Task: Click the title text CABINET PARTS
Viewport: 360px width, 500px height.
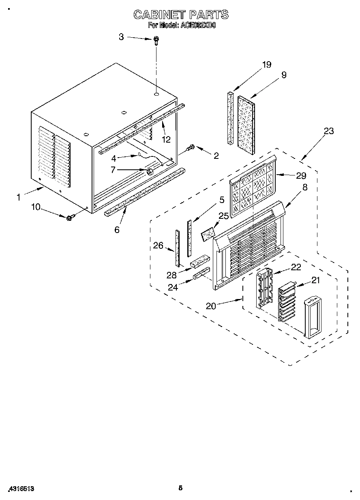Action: pyautogui.click(x=181, y=15)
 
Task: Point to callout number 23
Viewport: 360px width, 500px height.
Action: pyautogui.click(x=329, y=131)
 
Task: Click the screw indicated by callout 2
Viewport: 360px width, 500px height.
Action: pyautogui.click(x=191, y=148)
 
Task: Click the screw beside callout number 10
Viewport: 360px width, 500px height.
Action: pyautogui.click(x=69, y=218)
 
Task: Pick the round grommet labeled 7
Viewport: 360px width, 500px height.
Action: pyautogui.click(x=149, y=172)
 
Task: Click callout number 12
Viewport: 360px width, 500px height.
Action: pyautogui.click(x=166, y=139)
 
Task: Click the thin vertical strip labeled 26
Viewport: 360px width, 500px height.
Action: pyautogui.click(x=177, y=246)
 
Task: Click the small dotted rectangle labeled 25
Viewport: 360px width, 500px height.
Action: pyautogui.click(x=208, y=234)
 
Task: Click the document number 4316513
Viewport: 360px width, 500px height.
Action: pyautogui.click(x=20, y=489)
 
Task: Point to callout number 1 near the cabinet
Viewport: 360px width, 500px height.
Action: pyautogui.click(x=19, y=198)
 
